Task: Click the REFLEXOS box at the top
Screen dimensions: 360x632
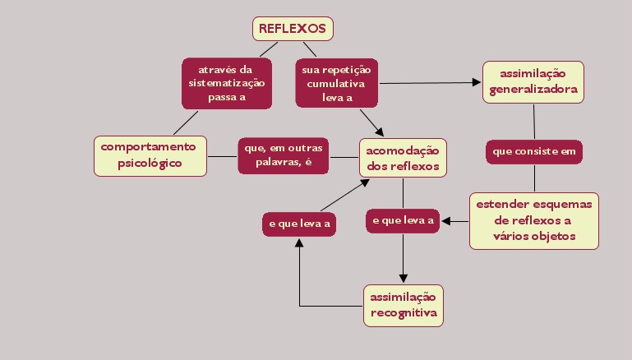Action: point(293,29)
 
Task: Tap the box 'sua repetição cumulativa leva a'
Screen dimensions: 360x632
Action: point(337,82)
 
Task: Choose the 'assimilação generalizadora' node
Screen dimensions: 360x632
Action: point(533,81)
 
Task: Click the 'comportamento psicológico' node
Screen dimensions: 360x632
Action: point(149,155)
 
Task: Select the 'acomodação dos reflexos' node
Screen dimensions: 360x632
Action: point(403,157)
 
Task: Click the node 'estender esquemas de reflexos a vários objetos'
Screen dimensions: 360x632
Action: point(534,220)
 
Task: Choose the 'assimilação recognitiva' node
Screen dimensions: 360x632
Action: point(403,304)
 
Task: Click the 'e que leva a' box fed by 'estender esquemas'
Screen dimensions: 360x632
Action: point(403,220)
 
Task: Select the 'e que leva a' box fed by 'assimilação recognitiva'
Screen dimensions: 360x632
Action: point(300,224)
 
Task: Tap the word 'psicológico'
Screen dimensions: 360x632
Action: point(149,163)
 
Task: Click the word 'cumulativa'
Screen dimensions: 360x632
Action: point(337,83)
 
